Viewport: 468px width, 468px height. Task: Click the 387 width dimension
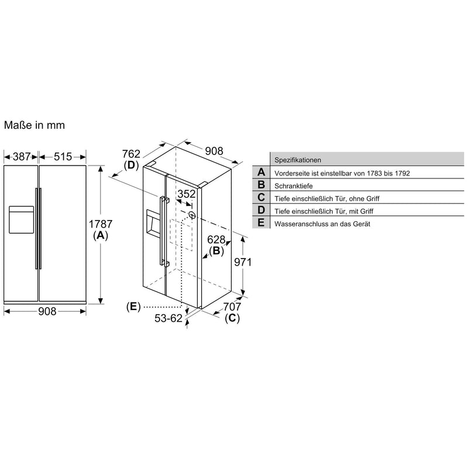22,156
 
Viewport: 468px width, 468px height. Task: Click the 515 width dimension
63,156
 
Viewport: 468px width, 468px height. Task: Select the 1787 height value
101,224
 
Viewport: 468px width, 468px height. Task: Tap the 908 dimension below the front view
47,311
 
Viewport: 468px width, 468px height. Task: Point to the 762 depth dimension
131,154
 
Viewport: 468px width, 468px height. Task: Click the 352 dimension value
187,194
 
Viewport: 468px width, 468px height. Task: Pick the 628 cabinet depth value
216,239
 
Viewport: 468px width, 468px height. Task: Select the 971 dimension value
243,262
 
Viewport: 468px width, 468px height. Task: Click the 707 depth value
232,307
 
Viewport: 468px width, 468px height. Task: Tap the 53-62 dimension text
168,318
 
